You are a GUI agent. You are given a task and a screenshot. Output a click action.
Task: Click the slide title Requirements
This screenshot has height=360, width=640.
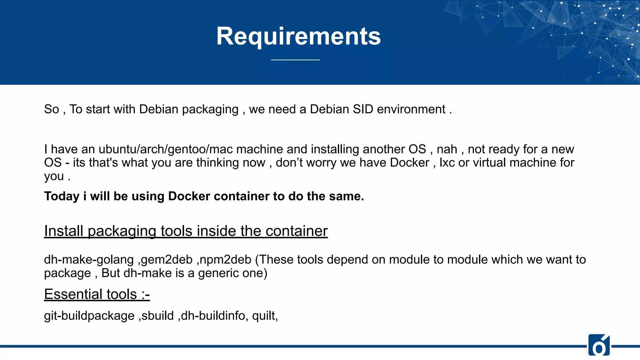tap(298, 36)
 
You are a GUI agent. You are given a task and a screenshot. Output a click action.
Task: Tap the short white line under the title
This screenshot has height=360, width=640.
tap(295, 59)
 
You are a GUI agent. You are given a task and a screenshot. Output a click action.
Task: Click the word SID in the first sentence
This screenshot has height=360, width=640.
tap(363, 109)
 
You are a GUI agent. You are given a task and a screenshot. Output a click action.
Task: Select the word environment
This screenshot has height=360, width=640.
tap(411, 109)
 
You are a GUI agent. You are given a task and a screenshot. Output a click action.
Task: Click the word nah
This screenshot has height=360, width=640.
tap(447, 149)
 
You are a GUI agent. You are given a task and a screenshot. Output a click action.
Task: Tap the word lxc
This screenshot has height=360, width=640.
tap(447, 163)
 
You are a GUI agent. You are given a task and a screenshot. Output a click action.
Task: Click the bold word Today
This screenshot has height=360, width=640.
tap(62, 196)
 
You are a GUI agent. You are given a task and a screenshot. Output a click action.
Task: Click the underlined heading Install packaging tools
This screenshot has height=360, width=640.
tap(186, 231)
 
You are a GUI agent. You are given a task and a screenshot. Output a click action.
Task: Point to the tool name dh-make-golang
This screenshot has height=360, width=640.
tap(89, 260)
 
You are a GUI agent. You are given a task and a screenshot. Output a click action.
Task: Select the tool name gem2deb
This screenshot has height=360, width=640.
tap(167, 260)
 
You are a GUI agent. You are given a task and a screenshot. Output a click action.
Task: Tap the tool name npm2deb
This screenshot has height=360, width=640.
tap(226, 260)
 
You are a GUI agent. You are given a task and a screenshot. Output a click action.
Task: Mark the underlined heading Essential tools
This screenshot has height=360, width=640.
tap(97, 294)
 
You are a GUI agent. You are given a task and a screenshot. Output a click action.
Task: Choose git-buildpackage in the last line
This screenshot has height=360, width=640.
tap(89, 316)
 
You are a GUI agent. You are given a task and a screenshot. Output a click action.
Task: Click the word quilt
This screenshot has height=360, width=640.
tap(264, 316)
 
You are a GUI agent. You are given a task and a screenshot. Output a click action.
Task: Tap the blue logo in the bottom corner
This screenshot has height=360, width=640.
tap(599, 345)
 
